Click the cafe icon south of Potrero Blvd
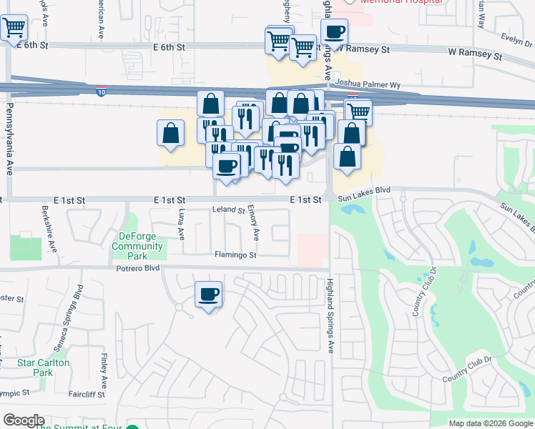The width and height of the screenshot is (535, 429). point(208,295)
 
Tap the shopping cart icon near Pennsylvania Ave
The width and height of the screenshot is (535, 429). point(14,29)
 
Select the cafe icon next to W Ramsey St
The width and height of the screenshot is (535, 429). point(334,32)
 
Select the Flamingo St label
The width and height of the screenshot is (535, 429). point(235,255)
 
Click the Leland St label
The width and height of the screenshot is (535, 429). point(229,210)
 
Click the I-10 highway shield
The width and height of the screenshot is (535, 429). point(102,92)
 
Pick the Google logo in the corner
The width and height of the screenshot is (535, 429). point(24,420)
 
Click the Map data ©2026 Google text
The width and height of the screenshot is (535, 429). point(490,423)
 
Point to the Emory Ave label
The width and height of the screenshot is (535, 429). point(255,225)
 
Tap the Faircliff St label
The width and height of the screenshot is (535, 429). point(87,394)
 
